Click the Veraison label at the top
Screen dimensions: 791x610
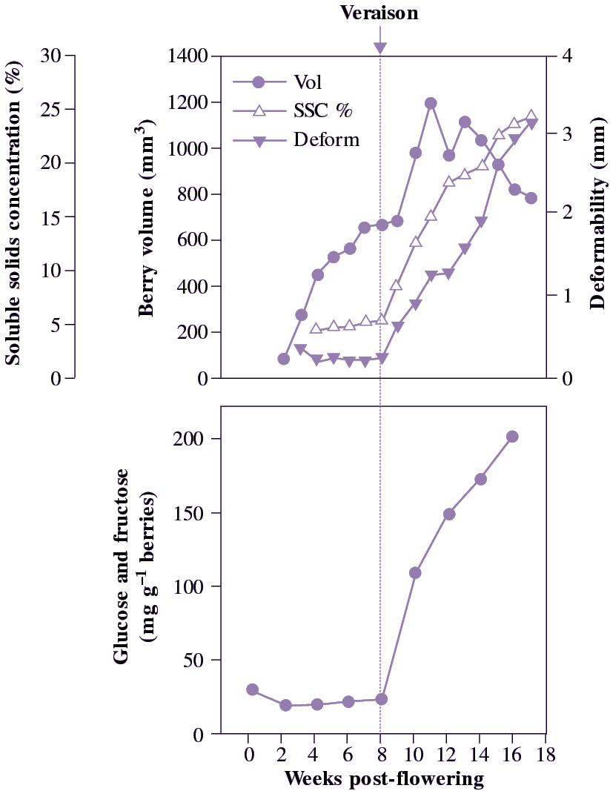379,13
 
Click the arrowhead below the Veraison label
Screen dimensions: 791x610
380,48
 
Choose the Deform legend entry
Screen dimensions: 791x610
326,140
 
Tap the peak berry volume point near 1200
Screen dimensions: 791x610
431,103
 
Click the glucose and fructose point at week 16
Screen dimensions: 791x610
512,437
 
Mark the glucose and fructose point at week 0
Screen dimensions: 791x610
252,689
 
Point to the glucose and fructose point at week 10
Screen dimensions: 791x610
415,573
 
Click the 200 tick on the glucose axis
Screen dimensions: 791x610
190,439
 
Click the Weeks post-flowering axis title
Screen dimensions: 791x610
384,778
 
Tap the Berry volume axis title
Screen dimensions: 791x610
146,222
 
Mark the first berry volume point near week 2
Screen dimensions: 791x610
283,359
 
